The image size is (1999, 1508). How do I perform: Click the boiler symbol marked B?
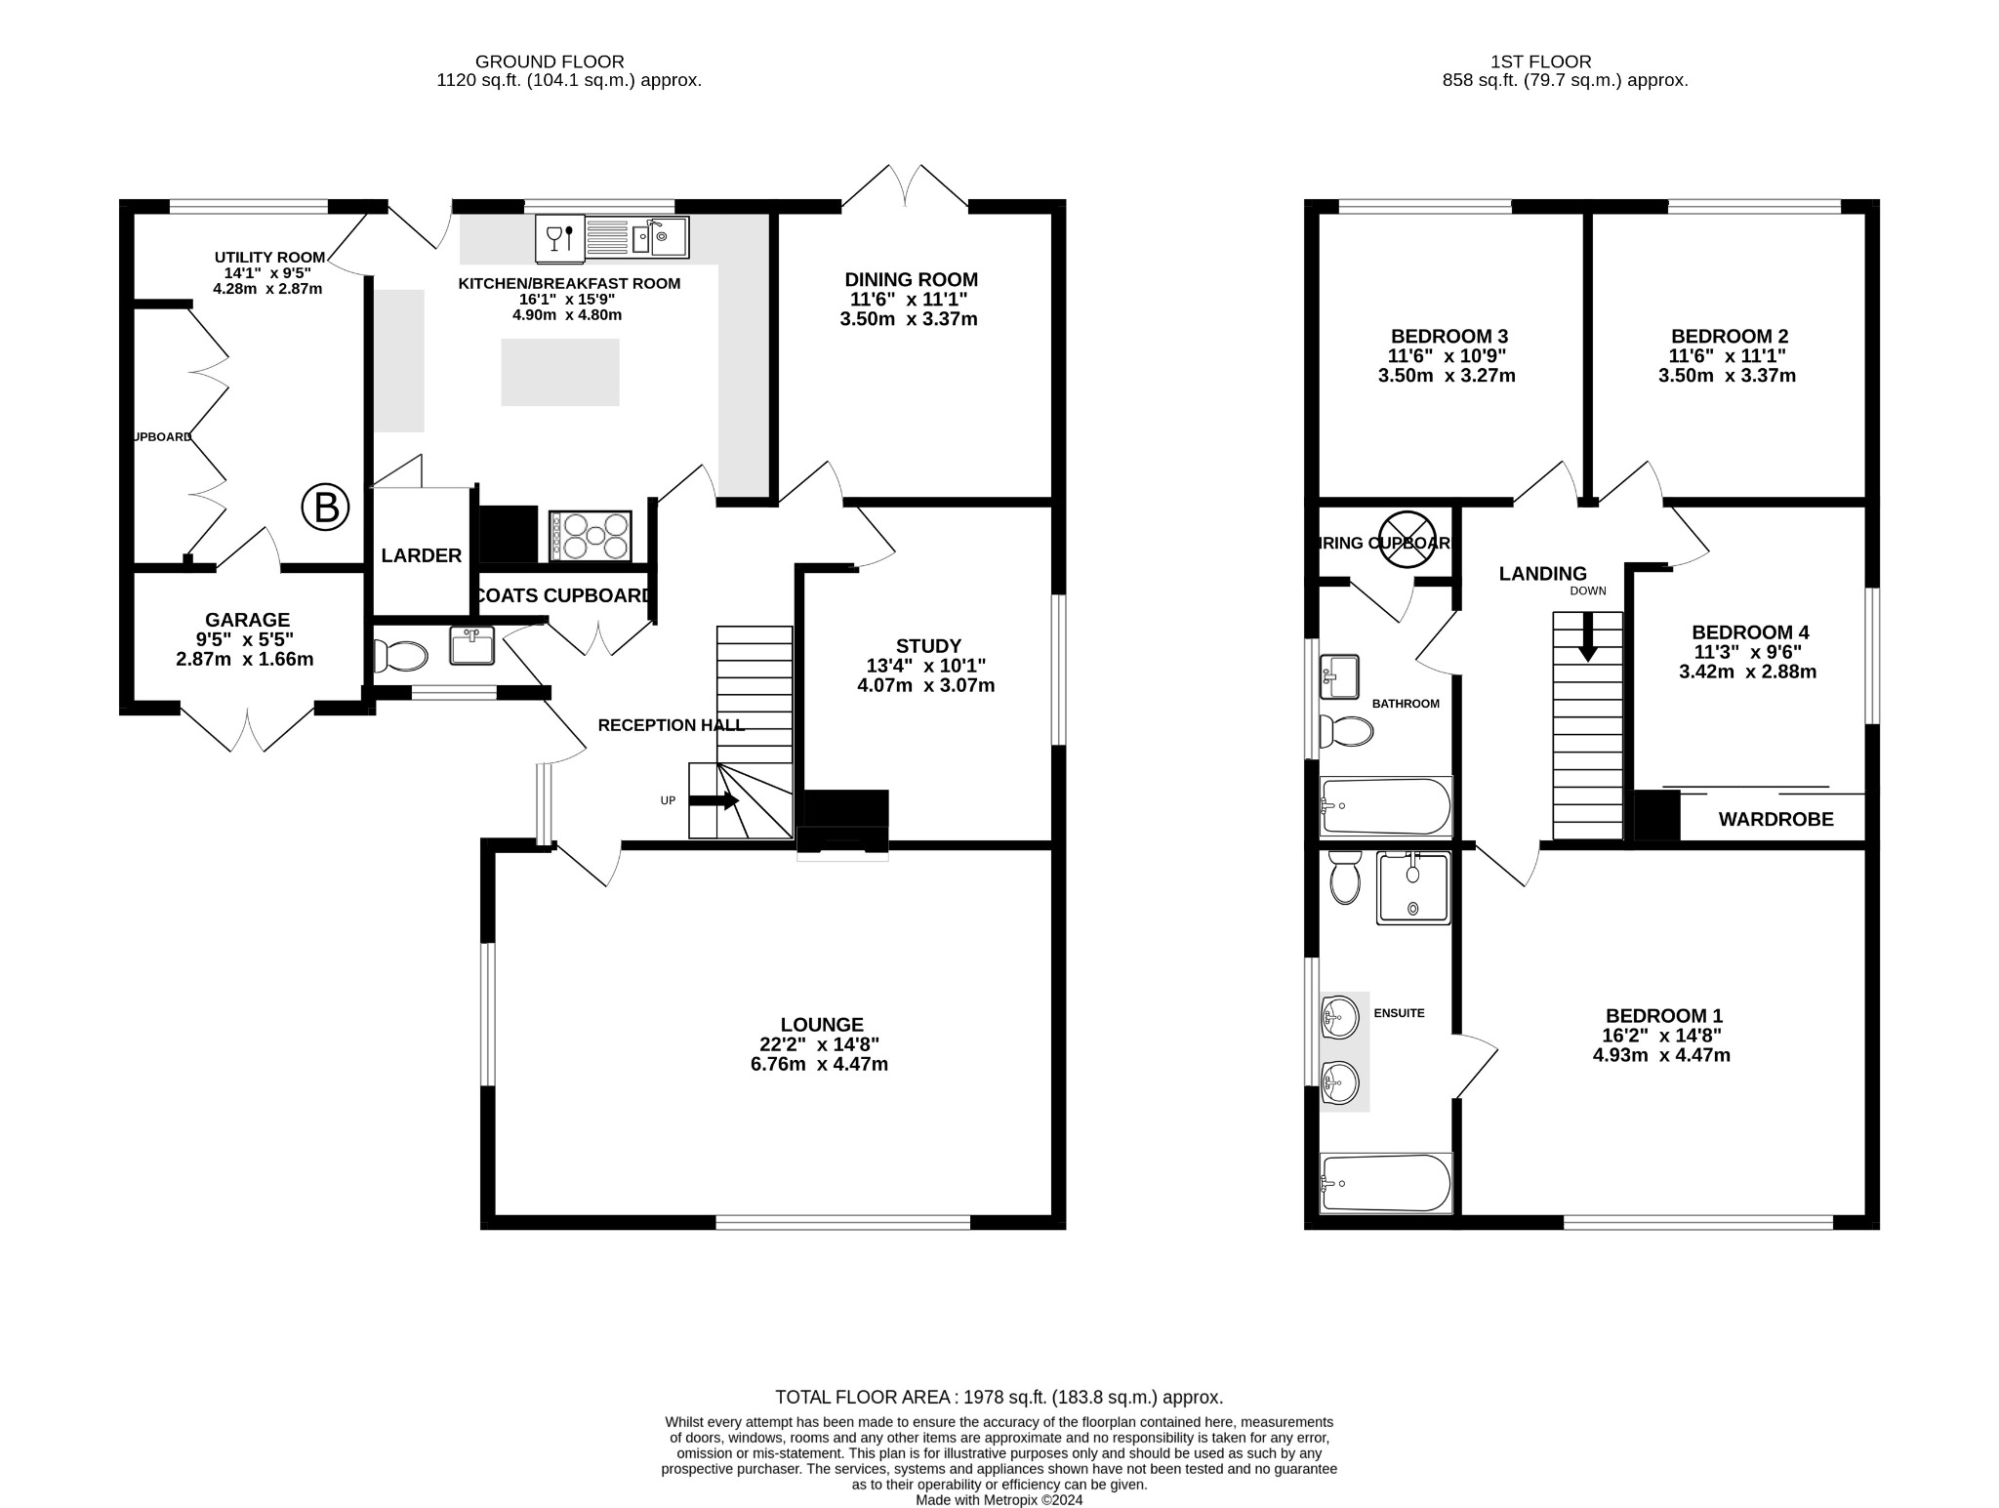(x=325, y=508)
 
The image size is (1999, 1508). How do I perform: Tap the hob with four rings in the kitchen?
(x=590, y=536)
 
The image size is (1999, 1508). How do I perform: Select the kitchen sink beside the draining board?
(x=660, y=236)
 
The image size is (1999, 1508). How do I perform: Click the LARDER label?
(x=421, y=555)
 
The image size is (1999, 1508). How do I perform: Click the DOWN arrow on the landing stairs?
(x=1588, y=637)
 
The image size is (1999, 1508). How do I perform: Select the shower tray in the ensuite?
(x=1412, y=887)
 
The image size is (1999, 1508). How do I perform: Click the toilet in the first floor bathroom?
(x=1346, y=730)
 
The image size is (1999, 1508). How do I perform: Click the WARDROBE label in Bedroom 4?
(x=1775, y=820)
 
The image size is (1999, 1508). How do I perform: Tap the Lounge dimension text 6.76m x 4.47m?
(x=819, y=1064)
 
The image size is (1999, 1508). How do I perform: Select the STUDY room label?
(x=928, y=645)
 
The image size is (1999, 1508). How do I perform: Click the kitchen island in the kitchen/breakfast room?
(x=560, y=372)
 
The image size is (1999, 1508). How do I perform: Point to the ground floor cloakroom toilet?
(x=401, y=656)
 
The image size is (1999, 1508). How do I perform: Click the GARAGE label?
(x=247, y=620)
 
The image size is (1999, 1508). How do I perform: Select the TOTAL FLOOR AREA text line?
(x=999, y=1397)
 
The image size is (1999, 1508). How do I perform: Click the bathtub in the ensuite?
(x=1385, y=1183)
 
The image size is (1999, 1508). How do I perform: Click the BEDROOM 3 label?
(x=1449, y=336)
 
